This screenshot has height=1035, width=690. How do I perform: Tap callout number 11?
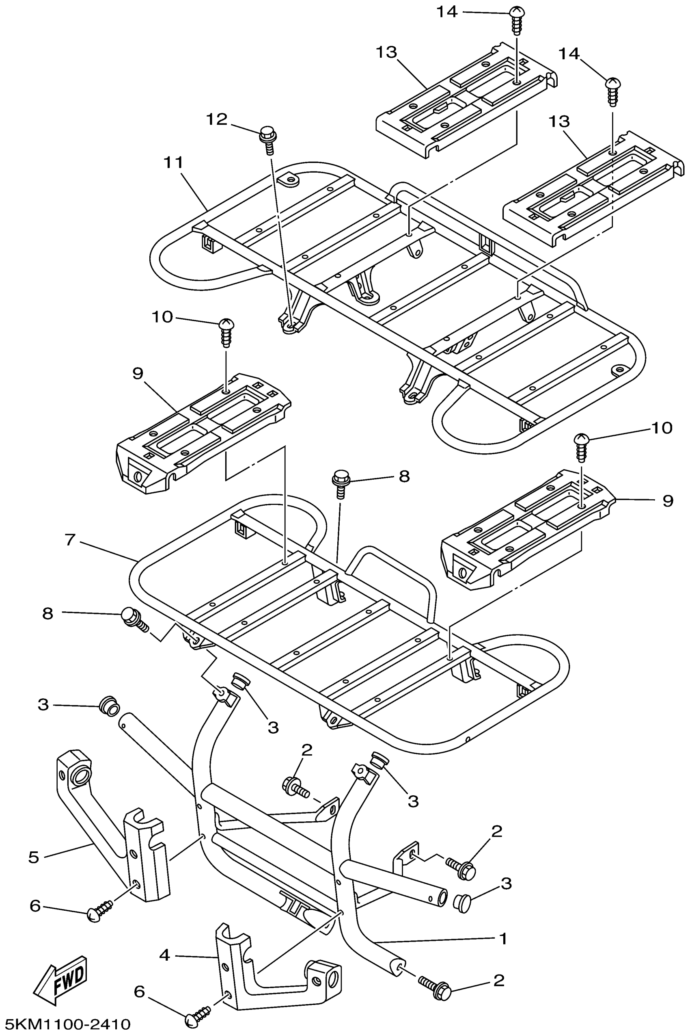(173, 162)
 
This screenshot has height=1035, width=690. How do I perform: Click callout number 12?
(217, 119)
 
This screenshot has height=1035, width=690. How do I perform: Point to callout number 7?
(70, 539)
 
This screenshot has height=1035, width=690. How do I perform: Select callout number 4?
(164, 955)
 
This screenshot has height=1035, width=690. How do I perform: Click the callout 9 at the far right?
(668, 500)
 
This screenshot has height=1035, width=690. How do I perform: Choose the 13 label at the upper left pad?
(386, 52)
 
